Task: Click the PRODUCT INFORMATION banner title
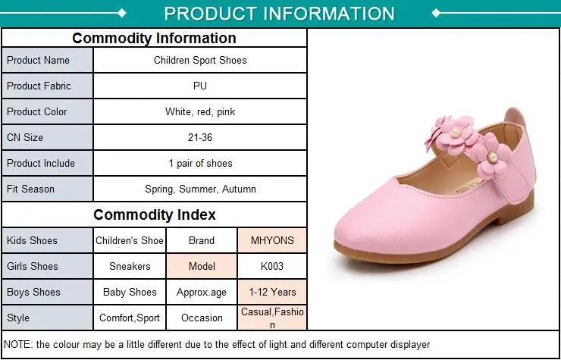click(x=279, y=14)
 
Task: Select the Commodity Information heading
click(x=154, y=38)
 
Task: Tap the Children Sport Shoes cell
click(x=200, y=60)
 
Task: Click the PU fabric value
click(x=200, y=86)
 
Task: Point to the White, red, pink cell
click(x=200, y=111)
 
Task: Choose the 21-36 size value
click(x=200, y=137)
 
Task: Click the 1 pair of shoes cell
click(x=200, y=163)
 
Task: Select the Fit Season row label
click(x=30, y=189)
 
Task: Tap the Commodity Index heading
click(x=154, y=214)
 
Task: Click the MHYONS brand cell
click(x=272, y=240)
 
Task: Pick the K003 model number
click(x=272, y=266)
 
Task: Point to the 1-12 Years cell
click(x=272, y=292)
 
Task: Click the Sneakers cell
click(x=130, y=266)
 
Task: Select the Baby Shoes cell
click(x=130, y=292)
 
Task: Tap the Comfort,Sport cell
click(x=130, y=318)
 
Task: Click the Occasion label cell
click(x=202, y=318)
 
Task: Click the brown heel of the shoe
click(x=516, y=211)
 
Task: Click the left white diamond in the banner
click(x=122, y=13)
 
